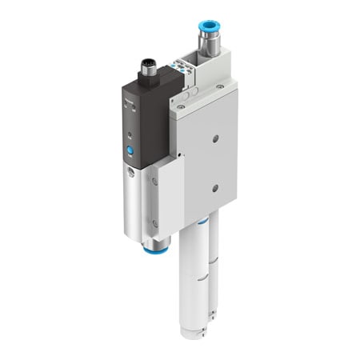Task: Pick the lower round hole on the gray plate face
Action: [214, 189]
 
